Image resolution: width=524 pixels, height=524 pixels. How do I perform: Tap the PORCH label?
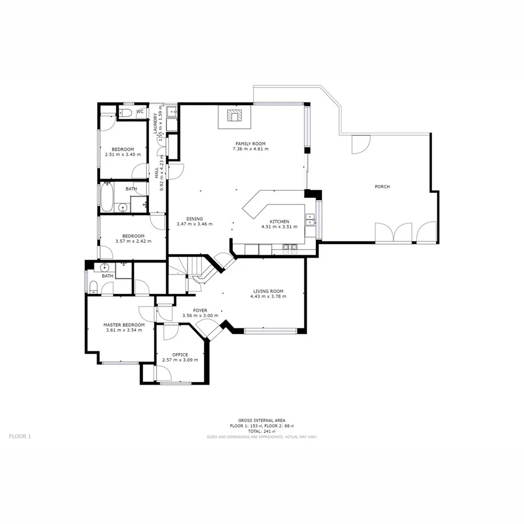coord(382,187)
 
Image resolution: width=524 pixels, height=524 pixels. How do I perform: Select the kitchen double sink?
coord(309,219)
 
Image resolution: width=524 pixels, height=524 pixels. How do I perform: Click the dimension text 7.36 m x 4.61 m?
coord(250,149)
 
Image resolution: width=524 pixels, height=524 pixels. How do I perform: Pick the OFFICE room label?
coord(180,355)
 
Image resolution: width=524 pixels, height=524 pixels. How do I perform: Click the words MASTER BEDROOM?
coord(124,325)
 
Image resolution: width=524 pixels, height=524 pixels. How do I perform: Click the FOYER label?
coord(200,310)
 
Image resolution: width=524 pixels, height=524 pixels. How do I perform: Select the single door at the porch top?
coord(360,144)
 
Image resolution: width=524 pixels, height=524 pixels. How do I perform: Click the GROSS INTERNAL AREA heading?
coord(261,421)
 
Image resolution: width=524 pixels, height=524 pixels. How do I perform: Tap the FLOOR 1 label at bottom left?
coord(21,436)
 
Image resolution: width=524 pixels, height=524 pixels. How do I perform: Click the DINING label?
coord(195,219)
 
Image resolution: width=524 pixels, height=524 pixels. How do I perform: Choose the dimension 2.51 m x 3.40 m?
coord(123,154)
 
